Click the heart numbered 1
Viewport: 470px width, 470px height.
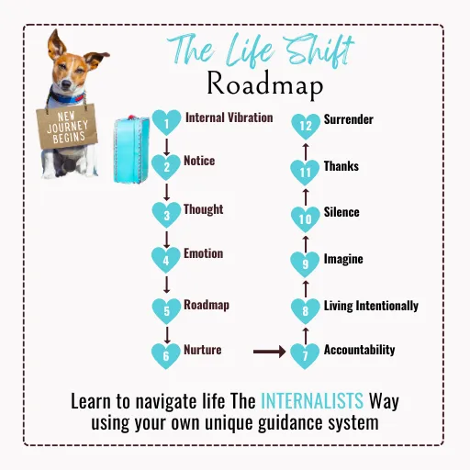point(166,122)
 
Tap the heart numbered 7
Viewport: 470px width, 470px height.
point(305,355)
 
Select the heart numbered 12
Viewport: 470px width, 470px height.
point(306,126)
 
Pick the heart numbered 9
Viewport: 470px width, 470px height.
point(305,264)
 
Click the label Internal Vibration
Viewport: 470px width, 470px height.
point(229,117)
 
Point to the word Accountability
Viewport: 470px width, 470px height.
point(359,350)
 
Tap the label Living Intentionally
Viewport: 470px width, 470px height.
point(371,306)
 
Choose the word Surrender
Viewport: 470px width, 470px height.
point(349,119)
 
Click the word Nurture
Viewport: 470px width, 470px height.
point(203,350)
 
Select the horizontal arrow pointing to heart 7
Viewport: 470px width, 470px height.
point(269,352)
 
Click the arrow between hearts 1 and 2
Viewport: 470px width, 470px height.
point(166,147)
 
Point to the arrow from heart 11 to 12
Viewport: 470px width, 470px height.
point(306,151)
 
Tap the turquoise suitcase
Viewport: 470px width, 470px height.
point(131,150)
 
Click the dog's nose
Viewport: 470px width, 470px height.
point(67,84)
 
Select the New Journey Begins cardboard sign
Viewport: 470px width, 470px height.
point(67,127)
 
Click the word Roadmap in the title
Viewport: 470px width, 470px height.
point(265,84)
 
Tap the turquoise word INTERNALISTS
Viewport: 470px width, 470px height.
point(312,401)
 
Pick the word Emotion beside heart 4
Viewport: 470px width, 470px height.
point(204,253)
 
